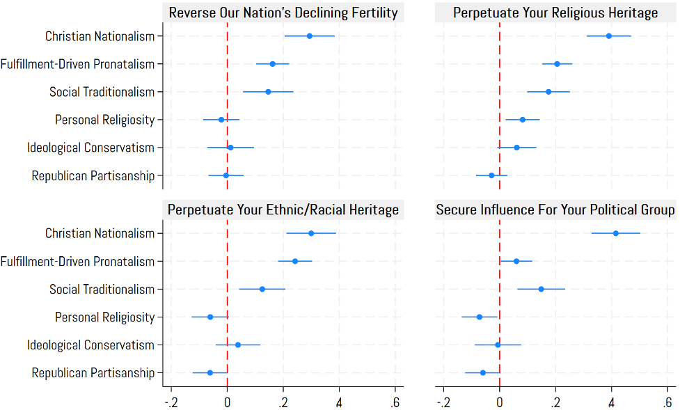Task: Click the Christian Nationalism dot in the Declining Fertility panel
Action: click(310, 36)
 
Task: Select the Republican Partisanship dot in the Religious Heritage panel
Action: click(491, 175)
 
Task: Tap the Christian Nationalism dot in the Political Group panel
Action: click(616, 233)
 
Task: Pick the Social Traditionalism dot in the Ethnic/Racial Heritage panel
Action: click(262, 289)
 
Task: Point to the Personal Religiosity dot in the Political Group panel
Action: click(480, 317)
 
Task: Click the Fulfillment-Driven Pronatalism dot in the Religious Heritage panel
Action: click(557, 64)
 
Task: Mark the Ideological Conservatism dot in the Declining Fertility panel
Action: click(230, 148)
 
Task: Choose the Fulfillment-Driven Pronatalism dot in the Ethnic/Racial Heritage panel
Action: click(295, 261)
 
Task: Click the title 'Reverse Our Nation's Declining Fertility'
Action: click(283, 13)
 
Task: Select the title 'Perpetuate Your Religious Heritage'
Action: click(555, 13)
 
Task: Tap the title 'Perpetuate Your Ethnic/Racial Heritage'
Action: click(283, 210)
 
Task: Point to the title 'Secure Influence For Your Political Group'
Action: click(555, 210)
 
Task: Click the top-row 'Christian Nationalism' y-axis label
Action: click(100, 36)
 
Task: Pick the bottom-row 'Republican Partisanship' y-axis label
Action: click(93, 373)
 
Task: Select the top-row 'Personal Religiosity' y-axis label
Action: click(104, 120)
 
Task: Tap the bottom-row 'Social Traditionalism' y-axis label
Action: click(102, 290)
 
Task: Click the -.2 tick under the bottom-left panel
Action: click(171, 402)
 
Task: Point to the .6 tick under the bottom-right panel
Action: click(667, 402)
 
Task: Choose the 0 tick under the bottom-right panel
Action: click(499, 402)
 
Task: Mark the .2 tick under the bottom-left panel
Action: click(283, 402)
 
